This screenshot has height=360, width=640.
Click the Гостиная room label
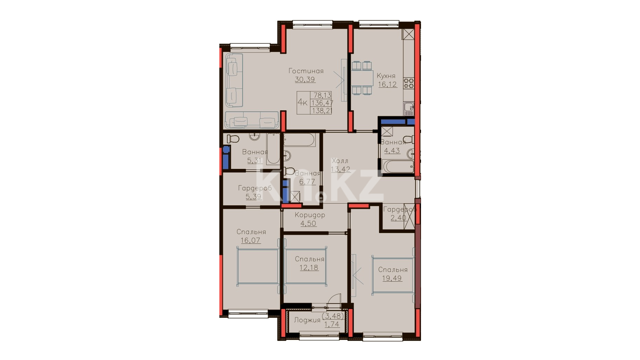point(306,71)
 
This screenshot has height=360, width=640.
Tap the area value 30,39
point(305,79)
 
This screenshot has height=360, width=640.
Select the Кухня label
point(386,76)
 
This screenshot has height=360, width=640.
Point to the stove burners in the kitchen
point(409,83)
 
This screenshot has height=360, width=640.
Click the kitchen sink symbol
point(409,109)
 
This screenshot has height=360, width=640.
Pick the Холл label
point(340,161)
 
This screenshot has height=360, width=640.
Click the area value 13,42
point(340,169)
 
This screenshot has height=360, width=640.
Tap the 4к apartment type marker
point(302,102)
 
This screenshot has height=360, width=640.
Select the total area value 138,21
point(322,111)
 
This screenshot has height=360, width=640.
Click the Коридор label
point(310,215)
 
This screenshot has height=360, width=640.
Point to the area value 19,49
point(392,278)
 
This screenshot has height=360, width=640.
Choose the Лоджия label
point(307,320)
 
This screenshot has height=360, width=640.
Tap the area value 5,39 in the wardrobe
point(254,197)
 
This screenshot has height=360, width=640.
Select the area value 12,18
point(309,267)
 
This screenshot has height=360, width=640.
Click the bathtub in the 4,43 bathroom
point(398,166)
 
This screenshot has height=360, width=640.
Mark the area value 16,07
point(250,240)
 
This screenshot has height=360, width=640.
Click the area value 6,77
point(307,182)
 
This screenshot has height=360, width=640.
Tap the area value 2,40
point(398,218)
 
